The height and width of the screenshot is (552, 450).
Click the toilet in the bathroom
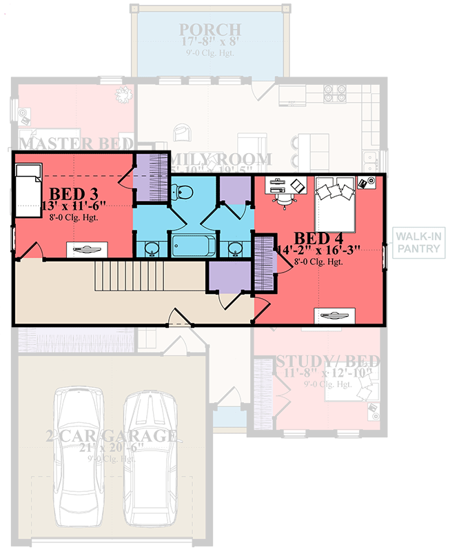click(x=183, y=192)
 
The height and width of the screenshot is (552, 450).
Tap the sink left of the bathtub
click(x=152, y=248)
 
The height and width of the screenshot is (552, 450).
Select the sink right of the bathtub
click(x=234, y=248)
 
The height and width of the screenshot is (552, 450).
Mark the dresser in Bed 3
click(x=87, y=248)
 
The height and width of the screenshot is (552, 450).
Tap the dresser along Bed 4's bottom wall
click(x=335, y=315)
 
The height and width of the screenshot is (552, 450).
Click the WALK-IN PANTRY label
click(x=418, y=243)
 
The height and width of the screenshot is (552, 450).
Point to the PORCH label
click(x=210, y=30)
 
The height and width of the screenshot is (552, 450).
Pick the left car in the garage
click(x=79, y=455)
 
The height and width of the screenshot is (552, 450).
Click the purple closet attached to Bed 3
click(x=150, y=177)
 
